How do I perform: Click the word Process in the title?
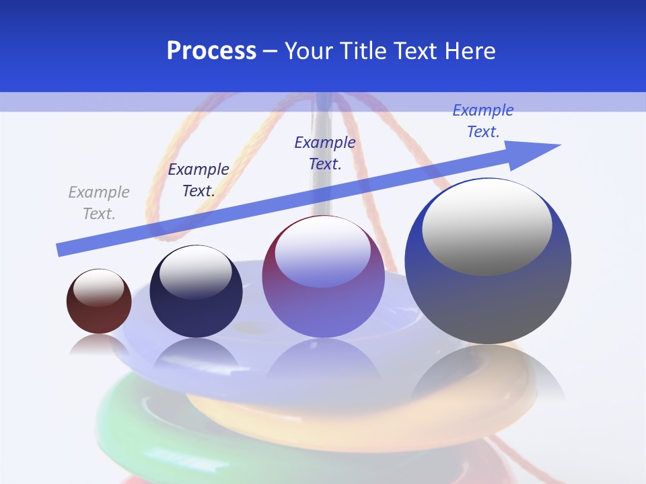click(211, 51)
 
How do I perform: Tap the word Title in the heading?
click(362, 51)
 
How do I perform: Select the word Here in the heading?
click(469, 51)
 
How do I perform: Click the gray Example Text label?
click(99, 203)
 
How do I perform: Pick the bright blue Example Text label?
click(483, 121)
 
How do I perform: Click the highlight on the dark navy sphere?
click(195, 272)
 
